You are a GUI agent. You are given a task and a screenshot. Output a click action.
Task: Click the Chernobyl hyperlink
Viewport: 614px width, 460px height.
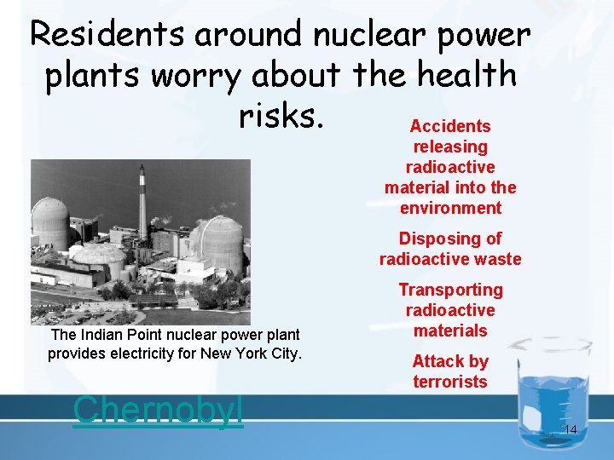[159, 409]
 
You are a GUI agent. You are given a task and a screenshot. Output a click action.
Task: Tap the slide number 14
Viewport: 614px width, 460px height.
[571, 430]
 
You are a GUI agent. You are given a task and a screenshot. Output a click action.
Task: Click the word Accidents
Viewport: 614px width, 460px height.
[450, 126]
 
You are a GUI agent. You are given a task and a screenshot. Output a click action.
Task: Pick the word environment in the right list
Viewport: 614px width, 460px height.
[450, 208]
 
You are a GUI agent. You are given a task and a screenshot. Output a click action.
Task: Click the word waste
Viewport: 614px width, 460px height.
[493, 259]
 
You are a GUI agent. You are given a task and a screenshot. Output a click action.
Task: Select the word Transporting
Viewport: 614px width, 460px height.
[450, 290]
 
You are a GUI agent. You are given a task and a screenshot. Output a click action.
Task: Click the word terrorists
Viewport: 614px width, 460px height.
[450, 382]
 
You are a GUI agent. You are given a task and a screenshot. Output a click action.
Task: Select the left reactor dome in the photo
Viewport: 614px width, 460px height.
[50, 223]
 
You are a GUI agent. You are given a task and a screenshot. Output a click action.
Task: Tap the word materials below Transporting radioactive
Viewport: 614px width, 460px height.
[450, 331]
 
